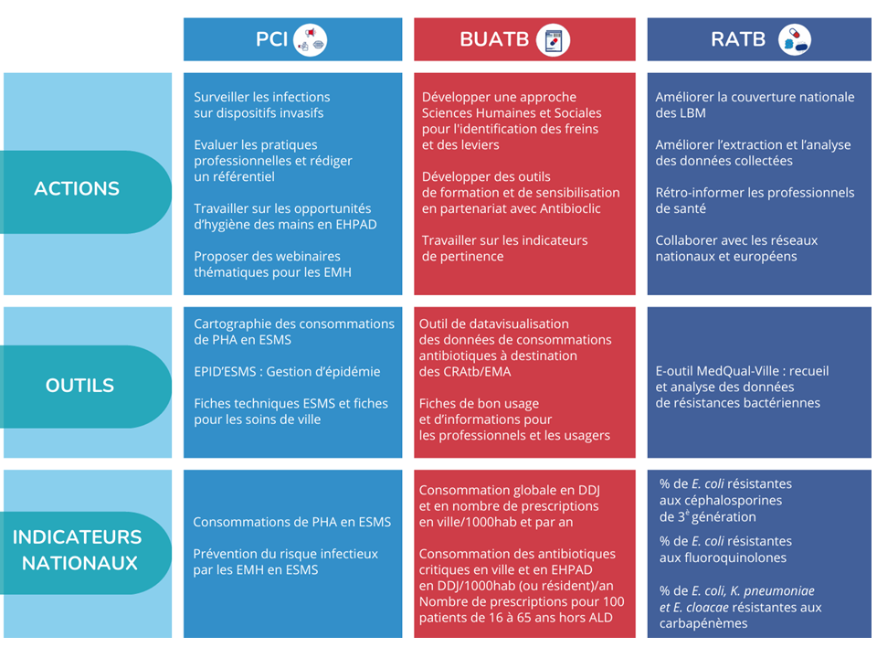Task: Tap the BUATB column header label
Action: click(493, 39)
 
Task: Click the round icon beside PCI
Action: click(311, 39)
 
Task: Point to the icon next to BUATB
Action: click(553, 39)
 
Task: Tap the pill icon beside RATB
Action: click(794, 39)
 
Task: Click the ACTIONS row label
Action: click(77, 189)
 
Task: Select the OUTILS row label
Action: click(80, 386)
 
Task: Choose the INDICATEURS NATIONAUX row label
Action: click(77, 549)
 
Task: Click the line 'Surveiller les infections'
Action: click(262, 97)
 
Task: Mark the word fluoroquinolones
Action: click(723, 557)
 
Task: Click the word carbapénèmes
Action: click(702, 623)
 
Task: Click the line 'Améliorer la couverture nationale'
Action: click(755, 97)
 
